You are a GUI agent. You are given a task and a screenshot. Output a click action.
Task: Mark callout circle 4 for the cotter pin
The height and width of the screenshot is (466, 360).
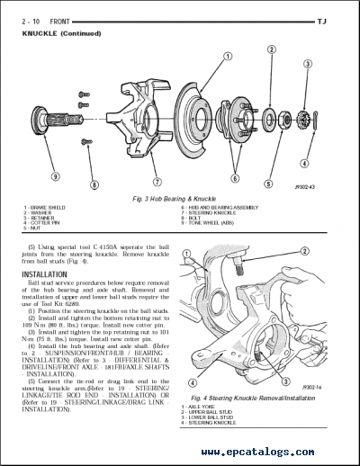(x=304, y=163)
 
